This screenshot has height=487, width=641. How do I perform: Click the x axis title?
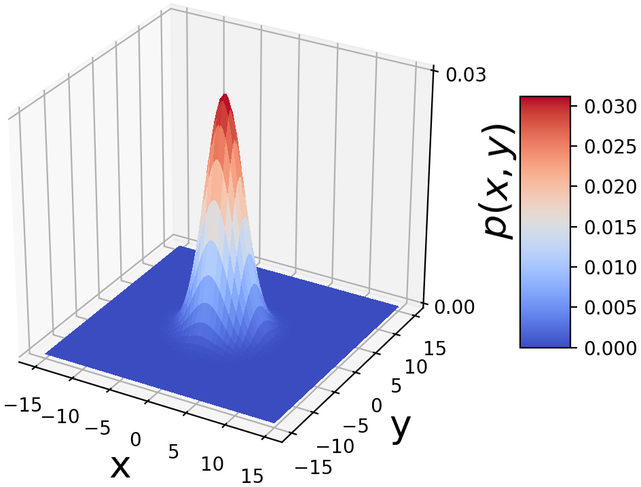pyautogui.click(x=120, y=465)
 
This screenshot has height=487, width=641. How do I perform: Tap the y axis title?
pyautogui.click(x=401, y=427)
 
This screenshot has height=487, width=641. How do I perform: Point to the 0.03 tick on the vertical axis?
pyautogui.click(x=465, y=74)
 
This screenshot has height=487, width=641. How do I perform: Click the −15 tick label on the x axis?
pyautogui.click(x=21, y=405)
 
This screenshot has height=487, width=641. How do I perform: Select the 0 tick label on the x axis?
pyautogui.click(x=136, y=440)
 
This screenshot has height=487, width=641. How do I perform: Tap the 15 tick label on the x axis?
pyautogui.click(x=251, y=476)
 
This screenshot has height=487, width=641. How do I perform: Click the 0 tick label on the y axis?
pyautogui.click(x=377, y=406)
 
